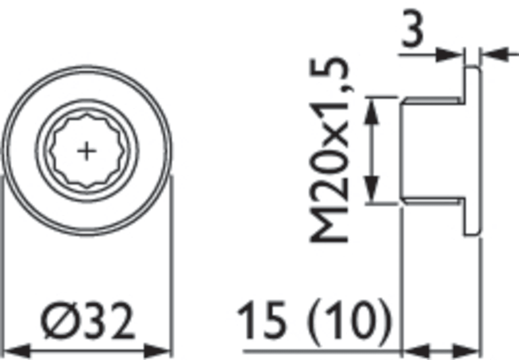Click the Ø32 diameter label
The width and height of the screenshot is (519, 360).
click(x=88, y=320)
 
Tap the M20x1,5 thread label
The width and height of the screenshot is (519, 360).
click(x=329, y=151)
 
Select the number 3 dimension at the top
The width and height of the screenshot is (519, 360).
click(x=412, y=28)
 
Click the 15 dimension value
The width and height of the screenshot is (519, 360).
click(x=262, y=319)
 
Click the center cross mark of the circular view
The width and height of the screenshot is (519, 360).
click(x=87, y=151)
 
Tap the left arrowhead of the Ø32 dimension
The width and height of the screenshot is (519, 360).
click(x=17, y=351)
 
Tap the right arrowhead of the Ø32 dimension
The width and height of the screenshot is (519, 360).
click(x=157, y=351)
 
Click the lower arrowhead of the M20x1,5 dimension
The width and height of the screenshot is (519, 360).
click(x=371, y=189)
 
